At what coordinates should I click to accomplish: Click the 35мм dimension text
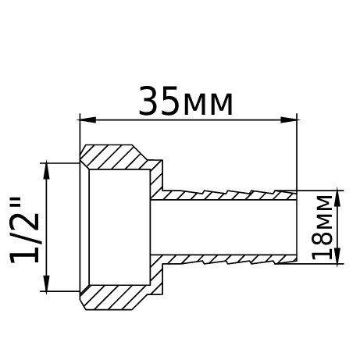click(x=186, y=102)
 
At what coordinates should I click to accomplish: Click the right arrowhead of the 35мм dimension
click(x=291, y=119)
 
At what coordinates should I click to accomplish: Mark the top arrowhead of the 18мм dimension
click(x=337, y=194)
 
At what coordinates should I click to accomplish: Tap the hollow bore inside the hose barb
click(x=226, y=226)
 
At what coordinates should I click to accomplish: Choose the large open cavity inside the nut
click(x=117, y=226)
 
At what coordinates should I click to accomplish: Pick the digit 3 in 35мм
click(x=149, y=102)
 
